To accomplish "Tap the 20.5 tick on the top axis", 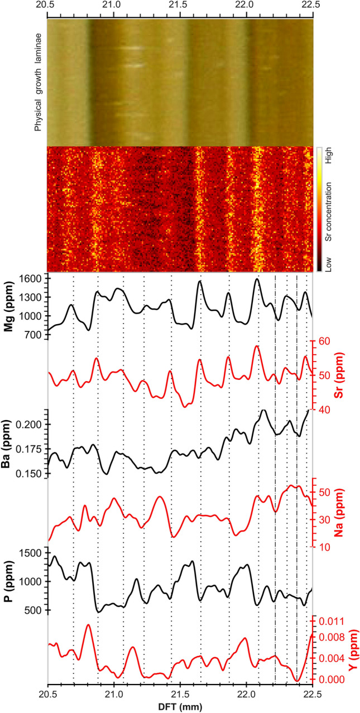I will click(x=49, y=7).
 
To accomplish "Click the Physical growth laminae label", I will click(x=39, y=82).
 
